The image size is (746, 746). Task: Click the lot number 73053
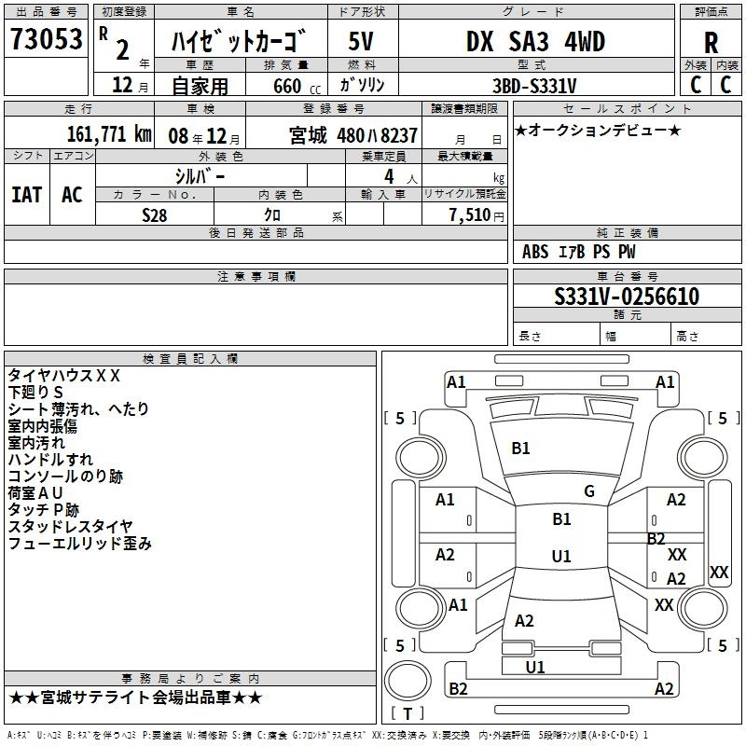point(46,39)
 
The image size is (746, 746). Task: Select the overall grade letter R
point(711,43)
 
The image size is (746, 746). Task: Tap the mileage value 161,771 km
point(109,134)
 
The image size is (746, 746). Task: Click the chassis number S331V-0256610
point(627,297)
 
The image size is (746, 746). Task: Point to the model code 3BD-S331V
point(534,86)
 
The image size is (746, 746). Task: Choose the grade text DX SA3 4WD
point(535,41)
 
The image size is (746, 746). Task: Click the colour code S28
point(154,215)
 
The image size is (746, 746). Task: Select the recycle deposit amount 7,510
point(469,215)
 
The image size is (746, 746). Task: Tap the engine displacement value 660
point(287,86)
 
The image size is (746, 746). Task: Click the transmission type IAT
point(27,195)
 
